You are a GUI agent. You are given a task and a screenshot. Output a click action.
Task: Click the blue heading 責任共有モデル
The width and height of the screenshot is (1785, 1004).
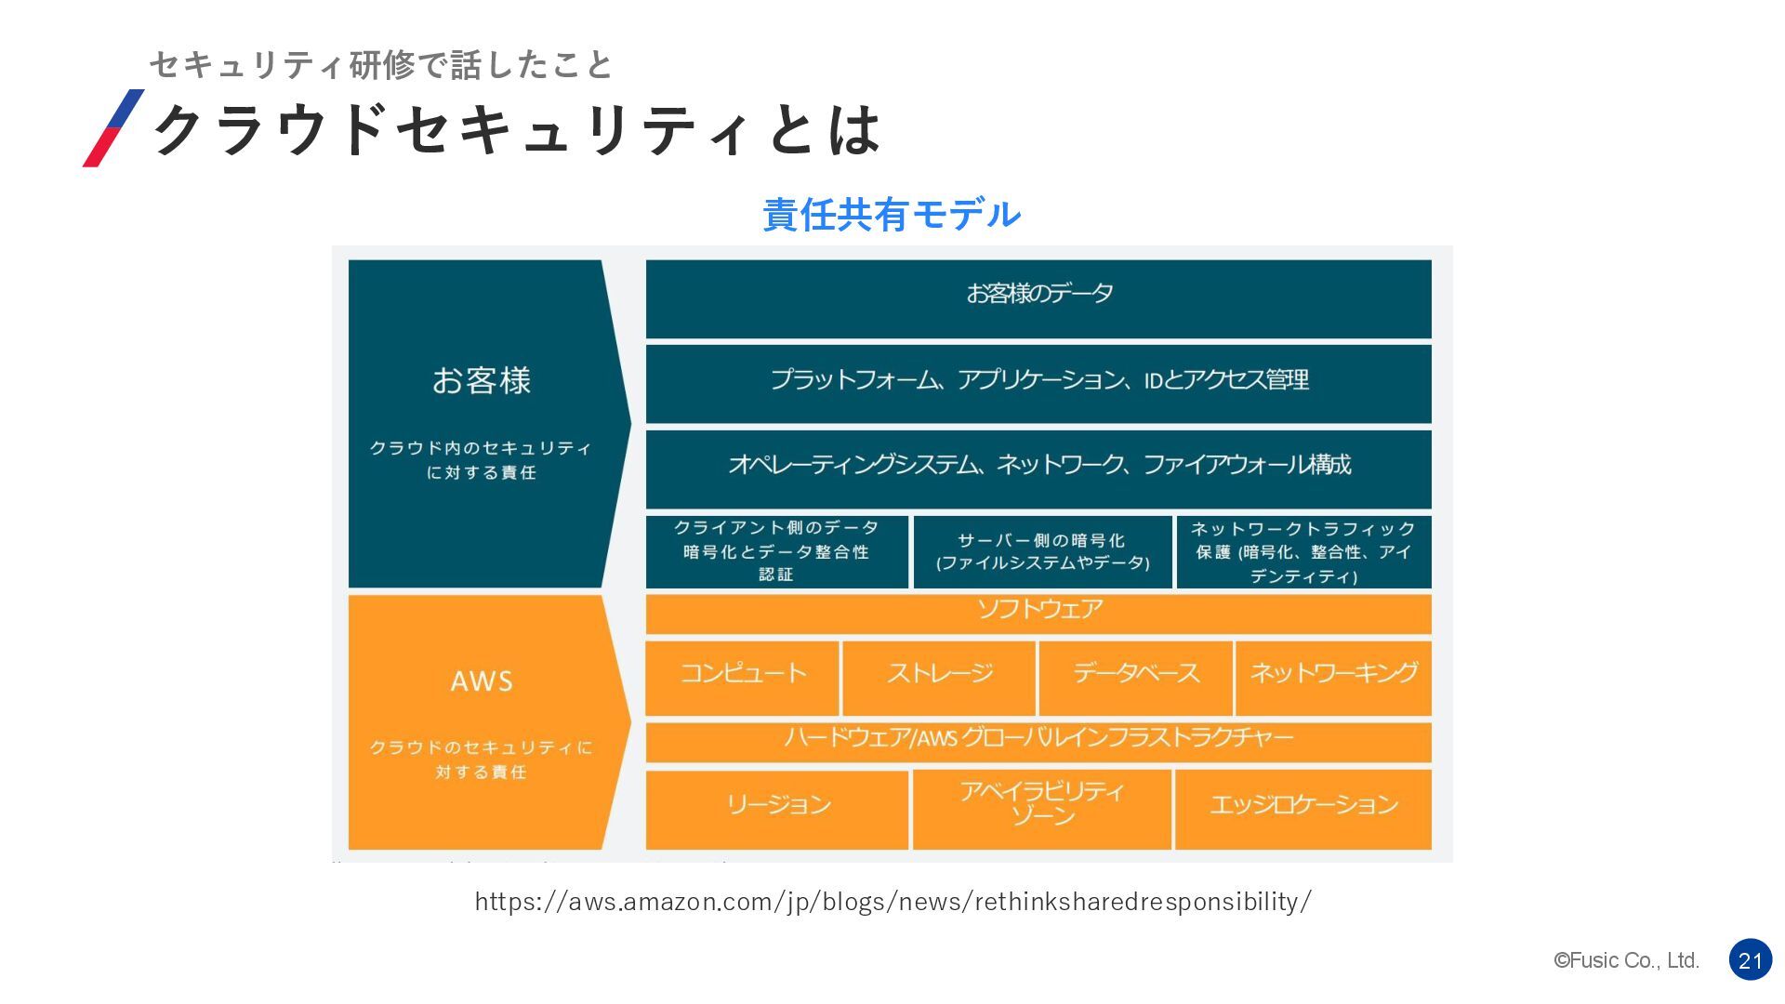[x=892, y=215]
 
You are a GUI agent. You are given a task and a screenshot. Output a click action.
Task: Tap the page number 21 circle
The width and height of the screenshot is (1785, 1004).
[x=1750, y=960]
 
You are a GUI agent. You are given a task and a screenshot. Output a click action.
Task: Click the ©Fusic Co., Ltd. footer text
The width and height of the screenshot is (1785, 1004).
[x=1626, y=960]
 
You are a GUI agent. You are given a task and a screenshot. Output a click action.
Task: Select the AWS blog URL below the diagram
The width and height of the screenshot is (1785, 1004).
[x=892, y=901]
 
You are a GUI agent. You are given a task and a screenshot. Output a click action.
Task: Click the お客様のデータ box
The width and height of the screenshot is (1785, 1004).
[x=1038, y=298]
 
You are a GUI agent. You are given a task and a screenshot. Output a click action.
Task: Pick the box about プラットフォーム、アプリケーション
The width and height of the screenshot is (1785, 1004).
[x=1038, y=383]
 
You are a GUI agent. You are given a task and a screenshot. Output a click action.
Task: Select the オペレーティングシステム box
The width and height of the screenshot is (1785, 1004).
[x=1038, y=468]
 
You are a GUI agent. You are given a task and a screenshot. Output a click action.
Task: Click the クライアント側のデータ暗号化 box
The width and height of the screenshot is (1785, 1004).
[x=776, y=551]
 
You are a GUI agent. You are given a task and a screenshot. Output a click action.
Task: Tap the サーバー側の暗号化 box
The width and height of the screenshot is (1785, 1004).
[x=1042, y=551]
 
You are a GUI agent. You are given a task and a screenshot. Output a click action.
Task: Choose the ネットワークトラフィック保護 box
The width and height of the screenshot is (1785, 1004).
[x=1303, y=551]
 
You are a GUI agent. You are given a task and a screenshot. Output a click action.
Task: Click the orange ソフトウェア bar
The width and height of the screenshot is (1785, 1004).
[x=1038, y=614]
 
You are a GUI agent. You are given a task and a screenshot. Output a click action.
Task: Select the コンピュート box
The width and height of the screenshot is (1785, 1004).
[x=743, y=677]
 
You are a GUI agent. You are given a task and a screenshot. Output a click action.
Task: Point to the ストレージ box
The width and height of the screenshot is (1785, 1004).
[x=939, y=677]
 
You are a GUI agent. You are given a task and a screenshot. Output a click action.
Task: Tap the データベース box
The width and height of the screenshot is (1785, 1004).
[x=1136, y=677]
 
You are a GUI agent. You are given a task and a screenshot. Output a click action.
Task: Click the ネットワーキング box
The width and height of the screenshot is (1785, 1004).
[x=1333, y=677]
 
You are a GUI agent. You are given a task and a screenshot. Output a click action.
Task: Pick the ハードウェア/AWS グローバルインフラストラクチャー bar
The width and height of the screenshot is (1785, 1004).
[x=1038, y=741]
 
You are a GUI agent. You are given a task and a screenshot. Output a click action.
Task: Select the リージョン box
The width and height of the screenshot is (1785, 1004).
[x=777, y=809]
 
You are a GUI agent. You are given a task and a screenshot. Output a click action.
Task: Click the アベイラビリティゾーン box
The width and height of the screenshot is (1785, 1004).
[x=1042, y=809]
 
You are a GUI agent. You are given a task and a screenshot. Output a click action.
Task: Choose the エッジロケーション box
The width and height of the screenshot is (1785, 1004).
[x=1303, y=809]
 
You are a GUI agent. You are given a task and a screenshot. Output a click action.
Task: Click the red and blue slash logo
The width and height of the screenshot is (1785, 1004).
[x=113, y=128]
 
